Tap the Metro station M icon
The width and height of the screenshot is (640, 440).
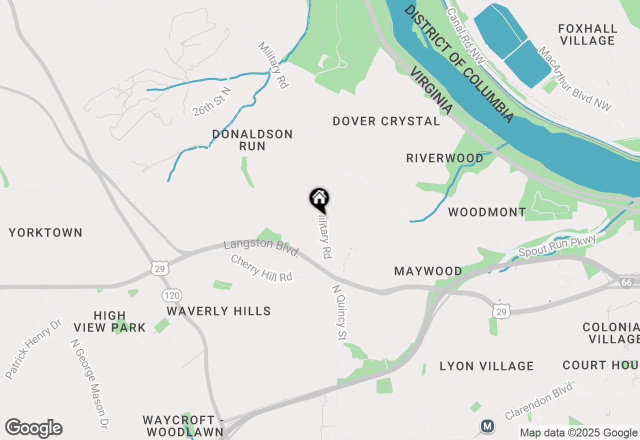487,426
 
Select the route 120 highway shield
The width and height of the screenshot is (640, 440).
171,295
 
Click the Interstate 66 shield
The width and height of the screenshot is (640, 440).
626,282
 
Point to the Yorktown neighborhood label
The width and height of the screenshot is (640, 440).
45,232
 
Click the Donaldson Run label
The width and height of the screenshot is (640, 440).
252,140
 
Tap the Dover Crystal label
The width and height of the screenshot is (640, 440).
386,121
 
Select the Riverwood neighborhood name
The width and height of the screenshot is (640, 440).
445,158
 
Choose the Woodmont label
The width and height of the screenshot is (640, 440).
487,212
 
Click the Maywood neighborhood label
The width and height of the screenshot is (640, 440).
428,271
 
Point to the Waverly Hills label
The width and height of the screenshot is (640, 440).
219,311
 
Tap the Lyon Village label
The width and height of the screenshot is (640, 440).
486,366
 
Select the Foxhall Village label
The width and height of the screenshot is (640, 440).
587,34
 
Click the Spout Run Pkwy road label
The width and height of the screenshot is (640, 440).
557,246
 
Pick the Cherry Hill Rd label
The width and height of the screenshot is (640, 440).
261,268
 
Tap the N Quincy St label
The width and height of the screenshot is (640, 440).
339,312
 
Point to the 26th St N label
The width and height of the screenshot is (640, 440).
212,101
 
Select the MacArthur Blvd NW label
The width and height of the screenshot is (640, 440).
575,78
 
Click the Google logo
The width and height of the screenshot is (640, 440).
33,428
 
